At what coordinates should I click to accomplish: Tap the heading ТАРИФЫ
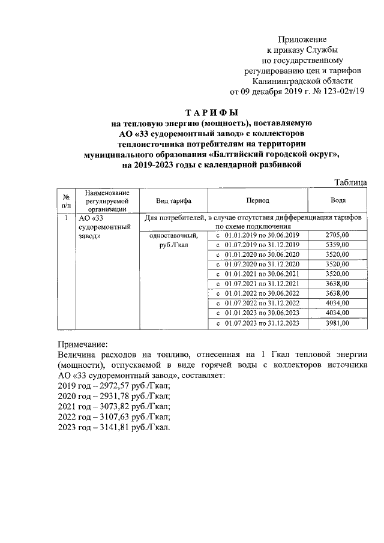(x=211, y=112)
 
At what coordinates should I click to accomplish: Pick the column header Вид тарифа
(x=173, y=200)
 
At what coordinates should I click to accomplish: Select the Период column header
(x=257, y=200)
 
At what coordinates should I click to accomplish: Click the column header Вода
(x=338, y=200)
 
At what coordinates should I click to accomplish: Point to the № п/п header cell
(x=65, y=200)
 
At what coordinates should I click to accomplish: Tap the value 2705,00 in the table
(x=337, y=235)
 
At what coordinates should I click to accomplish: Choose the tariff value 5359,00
(x=337, y=245)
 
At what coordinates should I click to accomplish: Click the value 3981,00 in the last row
(x=337, y=323)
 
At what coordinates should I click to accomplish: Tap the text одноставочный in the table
(x=173, y=236)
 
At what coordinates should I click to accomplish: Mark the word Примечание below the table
(x=83, y=344)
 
